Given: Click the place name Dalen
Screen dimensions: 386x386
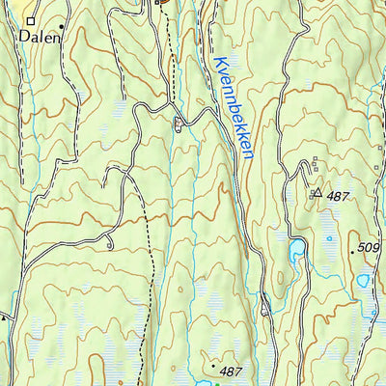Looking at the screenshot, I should (39, 38).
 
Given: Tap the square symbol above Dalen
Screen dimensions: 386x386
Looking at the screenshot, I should (30, 18).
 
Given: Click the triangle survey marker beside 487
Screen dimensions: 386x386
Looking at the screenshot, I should (317, 193).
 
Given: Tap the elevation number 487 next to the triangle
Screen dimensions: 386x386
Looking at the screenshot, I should (337, 196).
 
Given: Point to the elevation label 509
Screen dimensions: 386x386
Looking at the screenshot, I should (368, 247).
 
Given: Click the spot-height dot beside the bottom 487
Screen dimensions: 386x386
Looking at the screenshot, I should (213, 366).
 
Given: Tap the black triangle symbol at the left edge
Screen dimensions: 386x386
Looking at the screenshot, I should (3, 316).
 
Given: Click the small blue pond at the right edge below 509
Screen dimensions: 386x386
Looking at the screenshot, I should (362, 281).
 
